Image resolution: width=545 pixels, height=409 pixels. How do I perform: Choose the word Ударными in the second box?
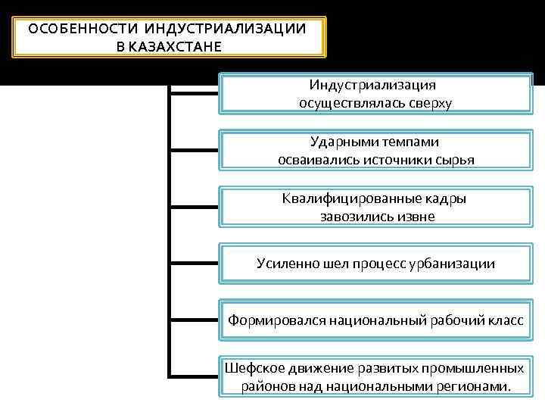click(339, 142)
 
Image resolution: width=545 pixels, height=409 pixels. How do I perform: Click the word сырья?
click(456, 160)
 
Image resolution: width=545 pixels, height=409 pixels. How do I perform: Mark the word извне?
click(414, 217)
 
